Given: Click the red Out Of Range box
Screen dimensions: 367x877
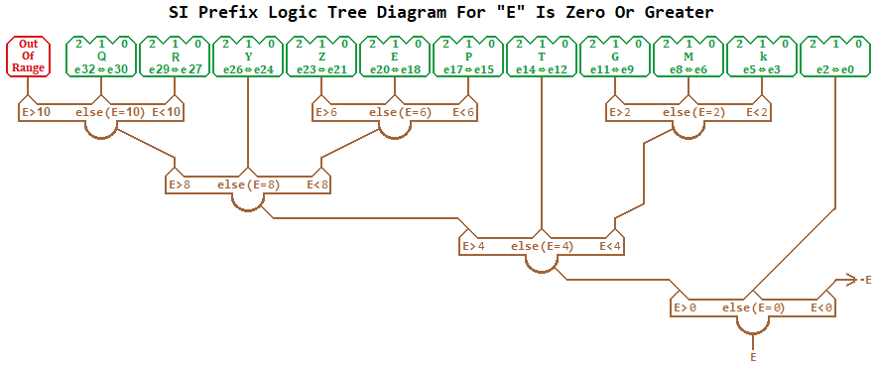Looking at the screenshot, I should coord(29,57).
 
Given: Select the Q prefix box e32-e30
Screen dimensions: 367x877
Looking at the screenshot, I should coord(101,57).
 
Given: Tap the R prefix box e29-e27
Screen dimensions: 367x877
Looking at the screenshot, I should coord(175,57).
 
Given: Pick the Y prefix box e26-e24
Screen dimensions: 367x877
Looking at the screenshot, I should coord(248,57).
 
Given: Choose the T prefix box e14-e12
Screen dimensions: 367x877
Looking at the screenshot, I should coord(542,57).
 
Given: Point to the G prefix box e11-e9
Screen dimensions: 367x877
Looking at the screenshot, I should coord(615,57).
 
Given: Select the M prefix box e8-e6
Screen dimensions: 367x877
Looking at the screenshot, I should coord(689,57).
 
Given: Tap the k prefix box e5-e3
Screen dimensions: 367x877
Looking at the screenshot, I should coord(762,57).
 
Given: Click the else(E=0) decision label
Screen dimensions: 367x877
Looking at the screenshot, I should coord(754,308).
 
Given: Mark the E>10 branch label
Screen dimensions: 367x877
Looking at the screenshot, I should coord(37,113).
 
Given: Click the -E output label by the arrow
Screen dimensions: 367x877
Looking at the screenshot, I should coord(865,281).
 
